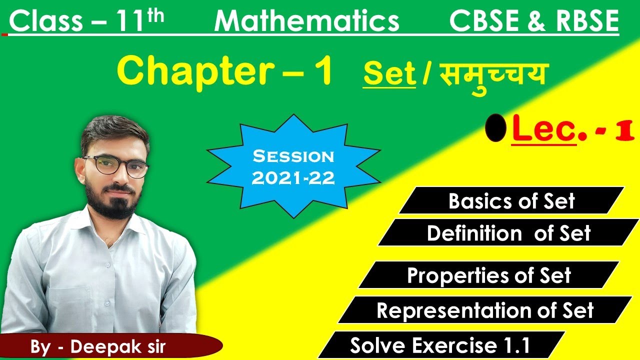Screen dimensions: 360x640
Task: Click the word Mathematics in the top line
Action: [306, 22]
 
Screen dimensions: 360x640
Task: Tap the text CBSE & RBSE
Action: [533, 22]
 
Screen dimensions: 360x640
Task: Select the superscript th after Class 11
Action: [155, 15]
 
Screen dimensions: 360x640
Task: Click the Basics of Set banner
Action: [511, 201]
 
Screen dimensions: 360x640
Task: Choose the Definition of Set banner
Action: [508, 233]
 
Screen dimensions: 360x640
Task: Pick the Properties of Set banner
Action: [488, 275]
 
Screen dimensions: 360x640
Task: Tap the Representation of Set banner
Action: [484, 310]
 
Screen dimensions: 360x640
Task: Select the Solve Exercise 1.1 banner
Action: [440, 345]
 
